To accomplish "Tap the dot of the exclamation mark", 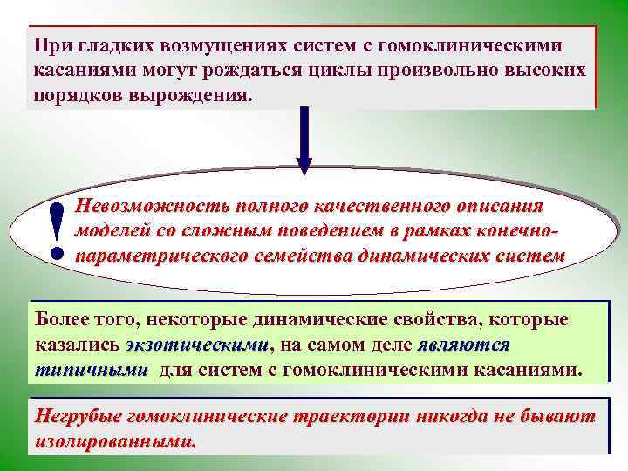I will (57, 254).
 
